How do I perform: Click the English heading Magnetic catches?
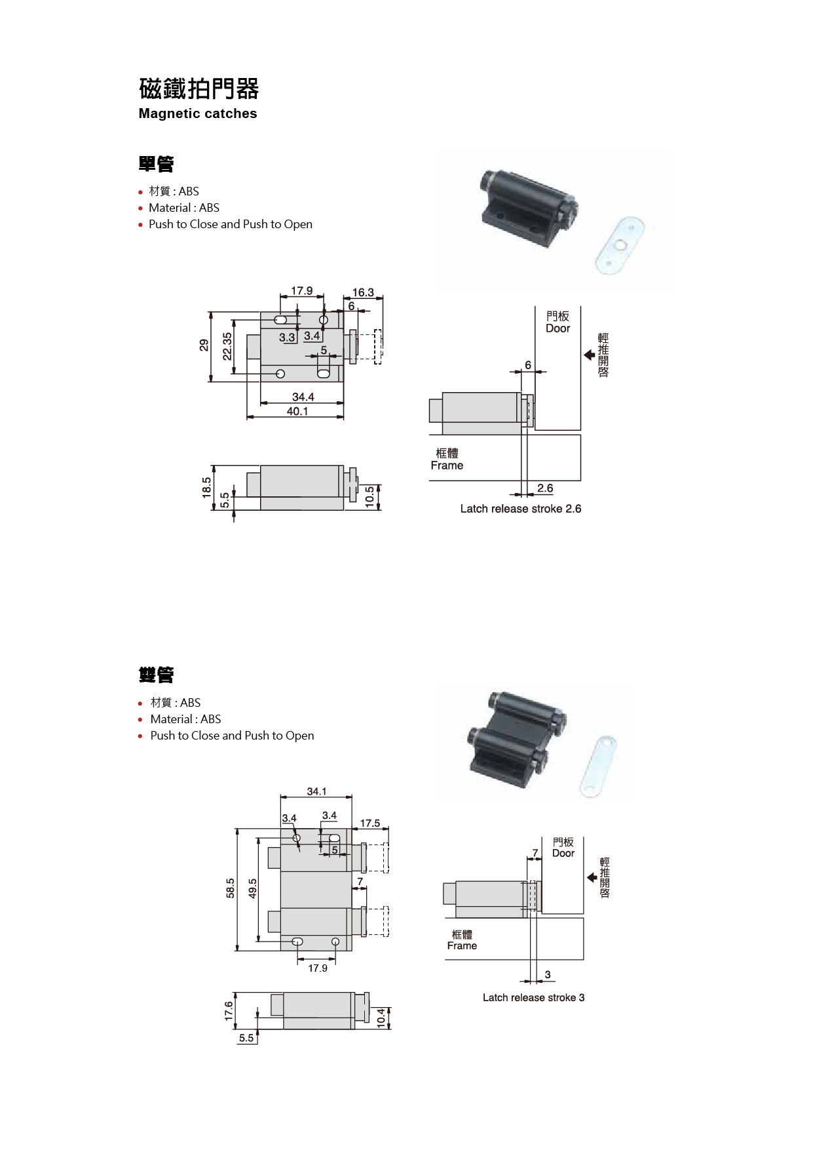pos(197,113)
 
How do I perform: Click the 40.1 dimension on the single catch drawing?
pos(297,411)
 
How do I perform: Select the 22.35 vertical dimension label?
pos(227,346)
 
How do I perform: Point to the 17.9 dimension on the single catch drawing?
pos(301,290)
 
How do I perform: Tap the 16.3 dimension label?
pos(363,292)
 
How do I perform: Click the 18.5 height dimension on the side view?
pos(207,487)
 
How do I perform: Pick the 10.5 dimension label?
pos(369,496)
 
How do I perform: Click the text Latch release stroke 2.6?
pos(520,509)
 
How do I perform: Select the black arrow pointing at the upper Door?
pos(589,355)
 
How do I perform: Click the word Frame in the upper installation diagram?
pos(447,466)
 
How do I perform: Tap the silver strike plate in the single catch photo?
pos(620,246)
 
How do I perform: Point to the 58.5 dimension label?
pos(230,888)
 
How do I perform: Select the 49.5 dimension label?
pos(252,888)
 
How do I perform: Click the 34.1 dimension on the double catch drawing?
pos(316,791)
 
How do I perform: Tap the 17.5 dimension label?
pos(369,823)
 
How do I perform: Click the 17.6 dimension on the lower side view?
pos(229,1010)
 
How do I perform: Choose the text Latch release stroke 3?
pos(533,997)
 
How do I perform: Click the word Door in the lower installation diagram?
pos(563,853)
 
